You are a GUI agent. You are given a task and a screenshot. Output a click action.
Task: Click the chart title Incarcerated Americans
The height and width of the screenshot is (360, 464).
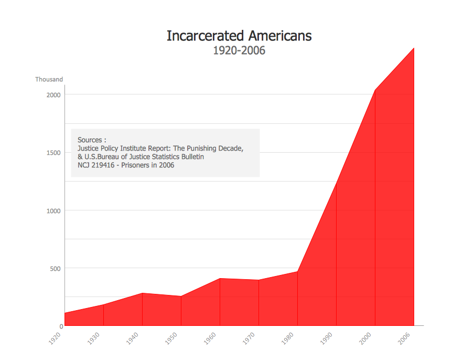click(239, 36)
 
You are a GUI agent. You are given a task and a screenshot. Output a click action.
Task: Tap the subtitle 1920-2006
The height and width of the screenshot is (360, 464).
click(239, 50)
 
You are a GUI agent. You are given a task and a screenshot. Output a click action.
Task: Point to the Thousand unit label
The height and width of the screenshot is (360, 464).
click(49, 79)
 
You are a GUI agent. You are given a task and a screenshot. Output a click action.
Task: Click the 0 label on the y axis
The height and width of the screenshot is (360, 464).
click(61, 326)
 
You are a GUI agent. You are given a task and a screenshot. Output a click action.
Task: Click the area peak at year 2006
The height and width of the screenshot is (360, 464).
click(414, 48)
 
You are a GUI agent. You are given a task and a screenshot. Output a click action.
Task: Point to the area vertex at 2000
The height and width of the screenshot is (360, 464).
click(375, 90)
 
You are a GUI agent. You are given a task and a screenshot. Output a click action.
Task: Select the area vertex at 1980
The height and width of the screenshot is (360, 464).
click(297, 271)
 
